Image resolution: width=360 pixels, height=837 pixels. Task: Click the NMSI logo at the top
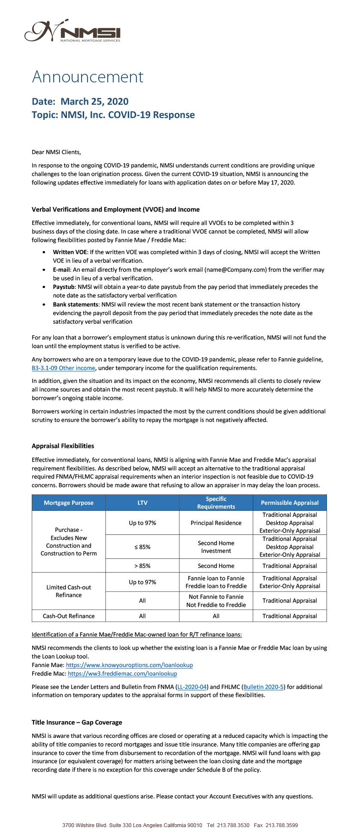point(72,31)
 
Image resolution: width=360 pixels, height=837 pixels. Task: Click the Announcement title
point(88,77)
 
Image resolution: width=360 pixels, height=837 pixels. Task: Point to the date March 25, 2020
point(94,102)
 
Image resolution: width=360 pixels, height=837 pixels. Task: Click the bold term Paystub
point(64,287)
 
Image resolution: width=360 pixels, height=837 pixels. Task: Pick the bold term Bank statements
point(76,304)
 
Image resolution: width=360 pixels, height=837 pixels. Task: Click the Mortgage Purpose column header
point(69,503)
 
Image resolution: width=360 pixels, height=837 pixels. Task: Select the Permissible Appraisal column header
point(290,503)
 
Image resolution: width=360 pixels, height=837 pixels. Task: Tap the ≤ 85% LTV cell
point(142,547)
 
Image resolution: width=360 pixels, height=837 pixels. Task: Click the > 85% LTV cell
point(142,566)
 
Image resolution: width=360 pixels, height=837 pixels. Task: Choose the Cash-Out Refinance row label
point(69,616)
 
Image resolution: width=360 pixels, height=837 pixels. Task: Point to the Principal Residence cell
point(216,523)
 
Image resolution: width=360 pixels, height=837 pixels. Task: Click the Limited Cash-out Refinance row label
point(69,591)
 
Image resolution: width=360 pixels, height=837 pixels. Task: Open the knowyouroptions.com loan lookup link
point(129,665)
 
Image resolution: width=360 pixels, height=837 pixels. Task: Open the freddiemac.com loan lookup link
point(122,674)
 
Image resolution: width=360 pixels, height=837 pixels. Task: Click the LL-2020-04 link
point(192,687)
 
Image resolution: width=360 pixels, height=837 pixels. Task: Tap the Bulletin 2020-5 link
point(263,687)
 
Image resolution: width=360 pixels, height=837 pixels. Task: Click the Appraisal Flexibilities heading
point(63,446)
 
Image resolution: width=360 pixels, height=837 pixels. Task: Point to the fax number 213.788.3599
point(281,825)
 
